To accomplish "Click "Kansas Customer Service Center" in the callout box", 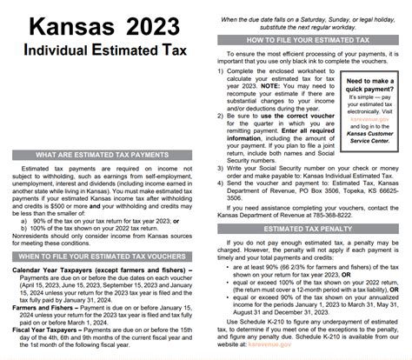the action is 371,157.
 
